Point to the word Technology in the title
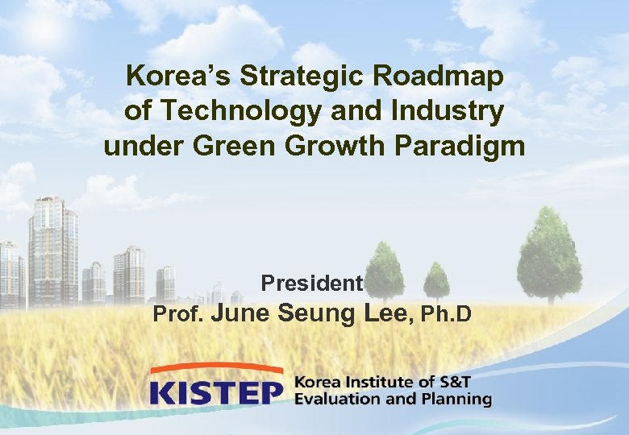[x=233, y=111]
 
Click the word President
[x=312, y=284]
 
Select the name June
[x=244, y=312]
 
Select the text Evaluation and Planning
[x=393, y=399]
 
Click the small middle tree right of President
[x=436, y=282]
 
